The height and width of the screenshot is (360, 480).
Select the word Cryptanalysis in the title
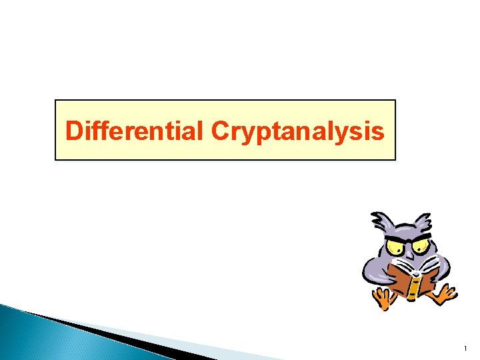(x=297, y=132)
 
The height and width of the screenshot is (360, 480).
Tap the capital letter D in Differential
(x=73, y=131)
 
